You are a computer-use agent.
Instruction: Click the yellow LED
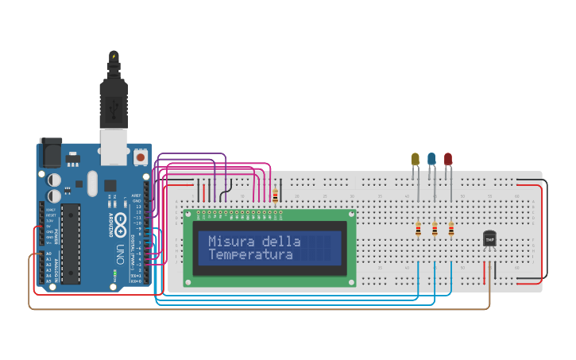click(415, 159)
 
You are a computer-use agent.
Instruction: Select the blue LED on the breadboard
click(431, 159)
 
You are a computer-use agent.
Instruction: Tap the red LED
click(448, 159)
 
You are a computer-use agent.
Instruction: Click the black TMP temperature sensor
click(489, 238)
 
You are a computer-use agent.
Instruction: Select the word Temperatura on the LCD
click(250, 255)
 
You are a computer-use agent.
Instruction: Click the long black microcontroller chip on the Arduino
click(71, 243)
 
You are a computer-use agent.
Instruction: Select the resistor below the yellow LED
click(419, 230)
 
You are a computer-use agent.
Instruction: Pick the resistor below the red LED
click(451, 230)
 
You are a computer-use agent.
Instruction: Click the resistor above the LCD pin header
click(276, 195)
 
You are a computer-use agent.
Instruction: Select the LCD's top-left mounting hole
click(188, 214)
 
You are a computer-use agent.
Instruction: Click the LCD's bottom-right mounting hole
click(350, 281)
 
